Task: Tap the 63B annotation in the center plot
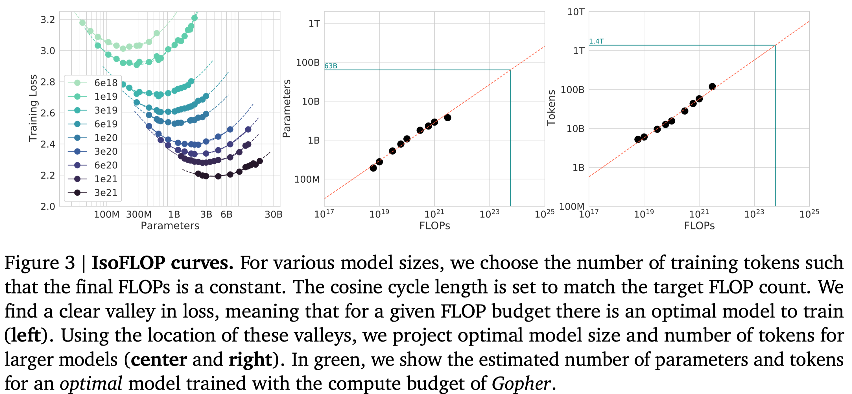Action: point(331,66)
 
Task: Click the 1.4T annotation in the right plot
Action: point(596,41)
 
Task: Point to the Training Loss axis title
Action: point(33,108)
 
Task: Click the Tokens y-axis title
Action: point(551,108)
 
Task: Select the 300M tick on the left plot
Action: point(139,214)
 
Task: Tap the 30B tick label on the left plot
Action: point(274,214)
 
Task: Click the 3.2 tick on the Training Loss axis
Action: point(48,20)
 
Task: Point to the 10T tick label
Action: point(576,12)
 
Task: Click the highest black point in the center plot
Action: point(447,118)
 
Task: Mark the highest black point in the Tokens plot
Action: point(713,87)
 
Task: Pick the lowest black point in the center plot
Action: point(373,168)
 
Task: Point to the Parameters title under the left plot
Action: point(170,226)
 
